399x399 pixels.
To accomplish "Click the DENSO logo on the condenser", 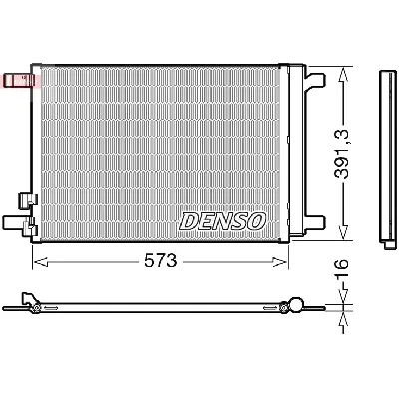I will click(222, 220).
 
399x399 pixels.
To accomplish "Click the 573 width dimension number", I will click(160, 261).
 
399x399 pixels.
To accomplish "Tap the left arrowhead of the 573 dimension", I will click(38, 262).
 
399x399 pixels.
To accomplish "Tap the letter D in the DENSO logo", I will click(190, 220).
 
